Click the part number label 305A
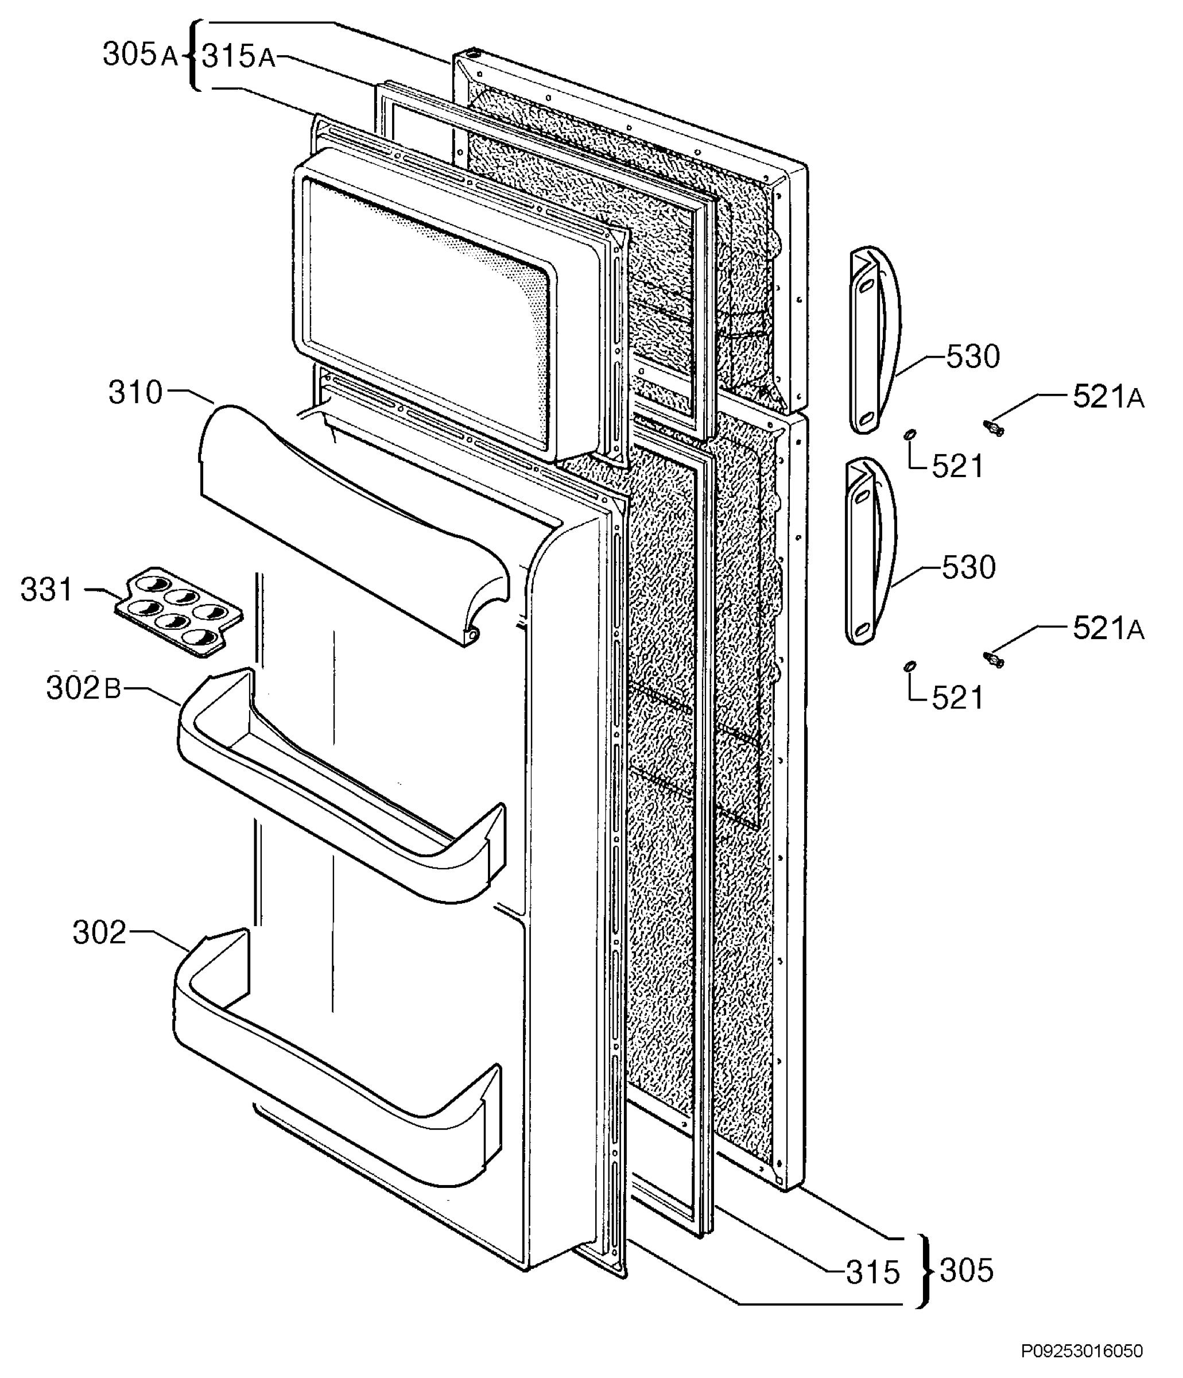pos(140,55)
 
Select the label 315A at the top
pos(238,56)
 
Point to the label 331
pos(46,589)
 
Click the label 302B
pos(84,688)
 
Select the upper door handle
pos(874,340)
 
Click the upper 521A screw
pos(994,428)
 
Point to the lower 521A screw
pos(993,659)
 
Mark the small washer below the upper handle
pos(909,435)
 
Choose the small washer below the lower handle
pos(909,667)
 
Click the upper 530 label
pos(972,357)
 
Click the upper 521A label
pos(1108,397)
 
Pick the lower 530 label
pos(968,567)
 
